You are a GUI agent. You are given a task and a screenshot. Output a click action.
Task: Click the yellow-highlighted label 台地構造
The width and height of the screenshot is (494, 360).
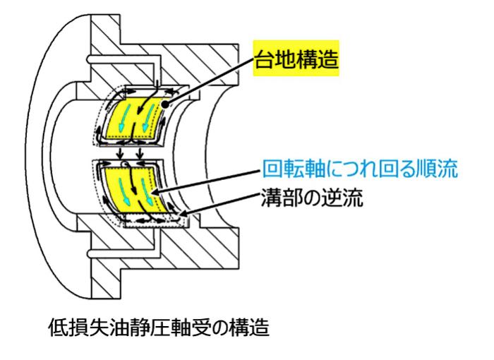click(296, 59)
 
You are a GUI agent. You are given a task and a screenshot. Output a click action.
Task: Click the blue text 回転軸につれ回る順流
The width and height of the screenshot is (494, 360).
click(360, 169)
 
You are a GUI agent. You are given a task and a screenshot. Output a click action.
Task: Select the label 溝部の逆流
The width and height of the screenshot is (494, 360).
click(312, 198)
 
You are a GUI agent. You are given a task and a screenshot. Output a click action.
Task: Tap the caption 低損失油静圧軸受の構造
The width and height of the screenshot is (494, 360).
click(159, 328)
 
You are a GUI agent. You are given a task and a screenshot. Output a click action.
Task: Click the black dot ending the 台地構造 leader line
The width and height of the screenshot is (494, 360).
click(166, 104)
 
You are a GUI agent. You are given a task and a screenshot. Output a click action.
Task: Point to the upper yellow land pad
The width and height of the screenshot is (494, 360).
click(135, 118)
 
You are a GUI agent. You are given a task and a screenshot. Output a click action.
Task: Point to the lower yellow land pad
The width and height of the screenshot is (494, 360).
click(136, 190)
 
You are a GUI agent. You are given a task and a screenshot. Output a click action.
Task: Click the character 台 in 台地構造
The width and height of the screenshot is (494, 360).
click(264, 59)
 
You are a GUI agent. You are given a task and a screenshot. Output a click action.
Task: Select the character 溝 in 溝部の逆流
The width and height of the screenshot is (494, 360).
click(271, 198)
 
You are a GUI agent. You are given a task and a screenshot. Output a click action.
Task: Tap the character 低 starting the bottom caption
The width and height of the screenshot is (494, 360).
click(58, 328)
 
